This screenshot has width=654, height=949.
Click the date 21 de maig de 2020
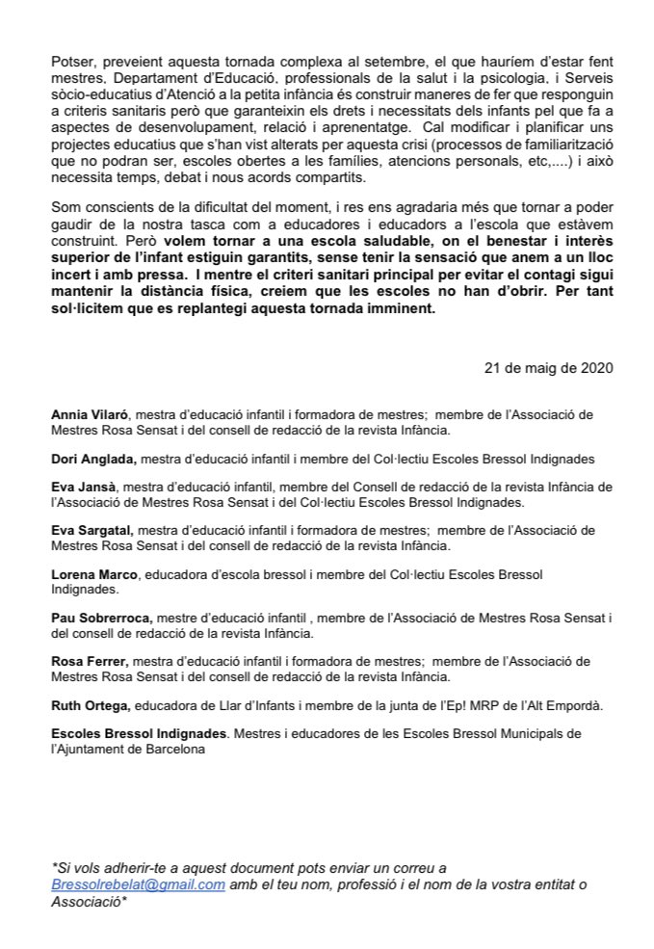[548, 368]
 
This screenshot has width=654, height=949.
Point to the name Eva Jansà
[82, 488]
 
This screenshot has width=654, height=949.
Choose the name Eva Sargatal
[91, 530]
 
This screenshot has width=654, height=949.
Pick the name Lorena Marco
[94, 574]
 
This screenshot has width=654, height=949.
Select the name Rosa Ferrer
[89, 661]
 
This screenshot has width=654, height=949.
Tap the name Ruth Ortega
[90, 705]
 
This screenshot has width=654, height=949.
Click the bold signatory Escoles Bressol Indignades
[138, 733]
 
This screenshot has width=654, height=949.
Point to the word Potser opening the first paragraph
[73, 62]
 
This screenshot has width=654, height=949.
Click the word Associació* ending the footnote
[88, 901]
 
